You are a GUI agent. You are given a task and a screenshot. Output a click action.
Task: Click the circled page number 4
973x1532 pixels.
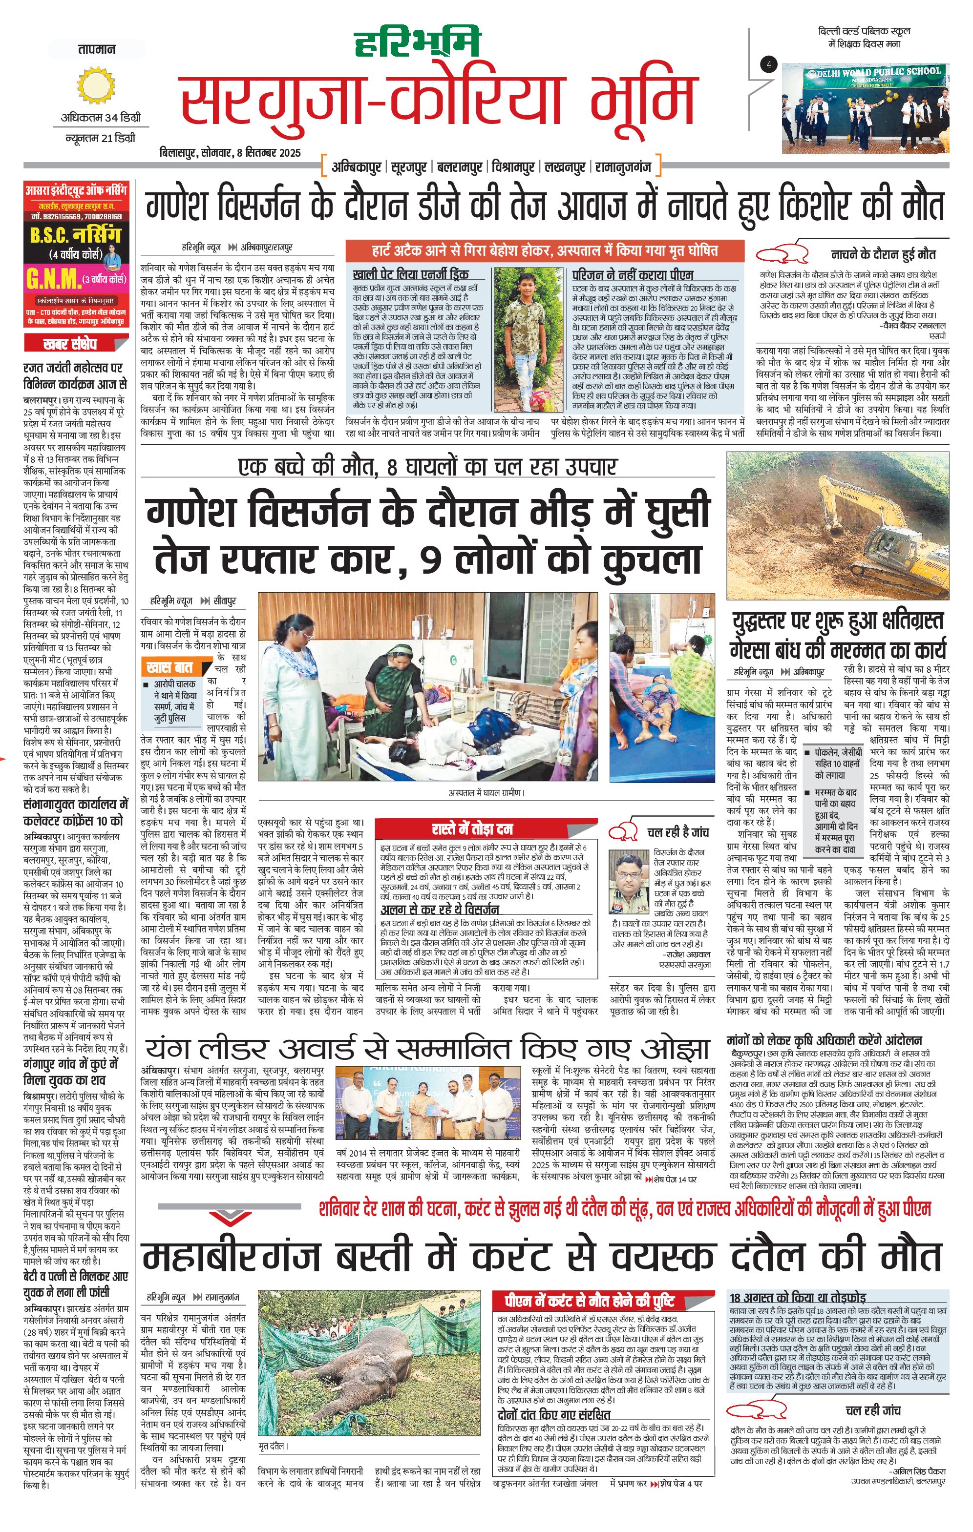tap(769, 64)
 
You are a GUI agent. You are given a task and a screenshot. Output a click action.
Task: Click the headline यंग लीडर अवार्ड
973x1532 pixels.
tap(426, 1049)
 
